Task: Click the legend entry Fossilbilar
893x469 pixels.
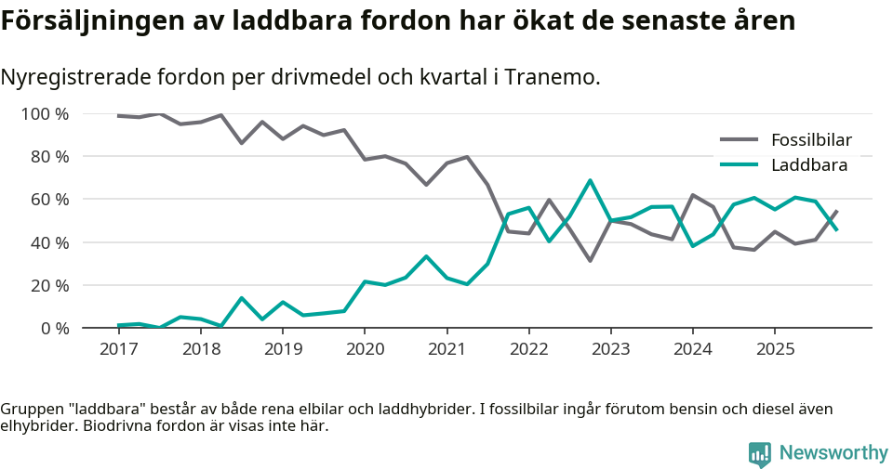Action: [811, 140]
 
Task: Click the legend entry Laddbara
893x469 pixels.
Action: [808, 165]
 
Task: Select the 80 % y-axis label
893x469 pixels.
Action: [49, 157]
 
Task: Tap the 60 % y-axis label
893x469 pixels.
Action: [49, 200]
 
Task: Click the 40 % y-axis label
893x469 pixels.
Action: [49, 242]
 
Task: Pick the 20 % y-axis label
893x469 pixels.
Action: [49, 285]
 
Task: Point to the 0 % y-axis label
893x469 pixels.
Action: [54, 328]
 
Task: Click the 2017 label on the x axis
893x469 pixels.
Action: [118, 349]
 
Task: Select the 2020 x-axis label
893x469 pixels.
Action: [365, 349]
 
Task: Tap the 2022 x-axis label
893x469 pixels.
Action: [528, 349]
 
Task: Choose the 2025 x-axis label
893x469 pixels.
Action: [775, 349]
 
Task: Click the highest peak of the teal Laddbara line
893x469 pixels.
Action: [590, 180]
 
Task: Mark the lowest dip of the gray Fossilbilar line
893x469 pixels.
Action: [590, 260]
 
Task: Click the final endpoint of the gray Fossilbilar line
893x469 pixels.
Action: [836, 211]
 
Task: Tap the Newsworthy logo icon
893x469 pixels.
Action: [759, 453]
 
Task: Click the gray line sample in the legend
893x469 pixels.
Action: [740, 140]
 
